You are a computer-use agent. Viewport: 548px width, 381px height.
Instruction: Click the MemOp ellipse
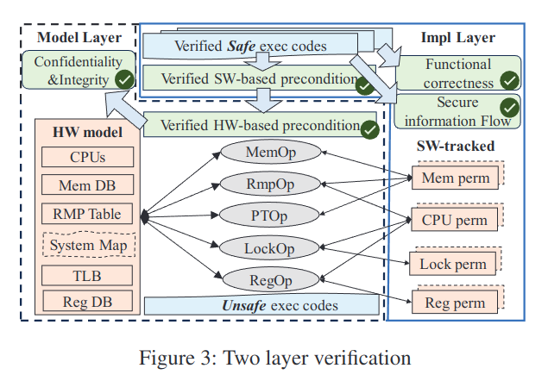pos(270,152)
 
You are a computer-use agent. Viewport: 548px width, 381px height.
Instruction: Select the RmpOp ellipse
pos(270,184)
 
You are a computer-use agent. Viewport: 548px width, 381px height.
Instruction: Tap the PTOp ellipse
pos(269,215)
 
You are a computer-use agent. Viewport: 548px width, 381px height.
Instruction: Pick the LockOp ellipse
pos(269,248)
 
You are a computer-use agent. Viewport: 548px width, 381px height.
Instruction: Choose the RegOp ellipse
pos(271,280)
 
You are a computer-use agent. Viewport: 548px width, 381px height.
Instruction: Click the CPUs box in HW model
pos(87,157)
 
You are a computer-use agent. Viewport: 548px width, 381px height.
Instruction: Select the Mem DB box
pos(87,184)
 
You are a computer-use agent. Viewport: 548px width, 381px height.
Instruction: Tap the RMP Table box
pos(87,214)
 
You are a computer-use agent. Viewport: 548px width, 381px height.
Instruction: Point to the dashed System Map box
pos(89,245)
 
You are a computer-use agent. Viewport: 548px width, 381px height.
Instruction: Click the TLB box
pos(87,275)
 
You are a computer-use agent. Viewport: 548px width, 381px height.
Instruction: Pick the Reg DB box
pos(88,301)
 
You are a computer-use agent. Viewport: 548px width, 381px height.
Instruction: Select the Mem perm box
pos(455,178)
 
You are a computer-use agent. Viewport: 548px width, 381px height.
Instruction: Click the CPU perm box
pos(454,220)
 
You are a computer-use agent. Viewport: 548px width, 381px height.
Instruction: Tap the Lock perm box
pos(452,264)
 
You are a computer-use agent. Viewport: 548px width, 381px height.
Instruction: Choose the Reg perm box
pos(455,302)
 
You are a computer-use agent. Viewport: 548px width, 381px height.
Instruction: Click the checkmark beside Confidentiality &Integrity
pos(125,79)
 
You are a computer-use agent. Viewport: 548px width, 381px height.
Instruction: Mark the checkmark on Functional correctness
pos(509,81)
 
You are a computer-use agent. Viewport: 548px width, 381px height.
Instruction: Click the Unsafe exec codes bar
pos(261,305)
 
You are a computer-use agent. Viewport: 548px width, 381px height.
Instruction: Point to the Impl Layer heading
pos(458,37)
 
